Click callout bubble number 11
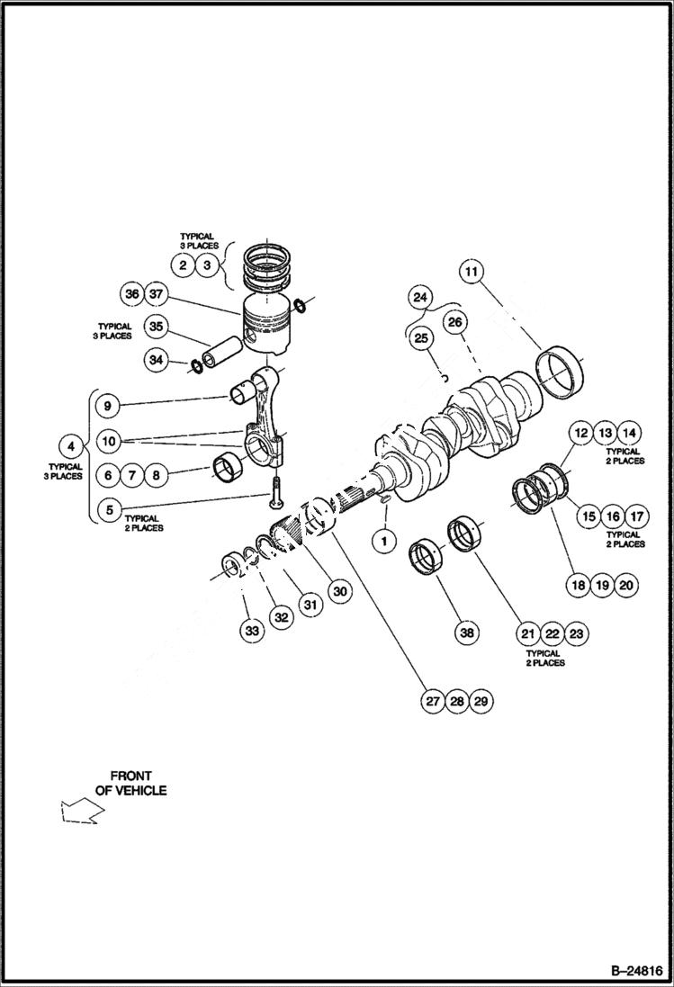coord(472,271)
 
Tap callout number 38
coord(466,633)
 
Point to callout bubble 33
coord(253,632)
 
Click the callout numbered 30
coord(339,591)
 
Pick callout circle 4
coord(70,445)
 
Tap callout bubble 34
coord(157,360)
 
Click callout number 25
coord(420,338)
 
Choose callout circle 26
coord(454,321)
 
